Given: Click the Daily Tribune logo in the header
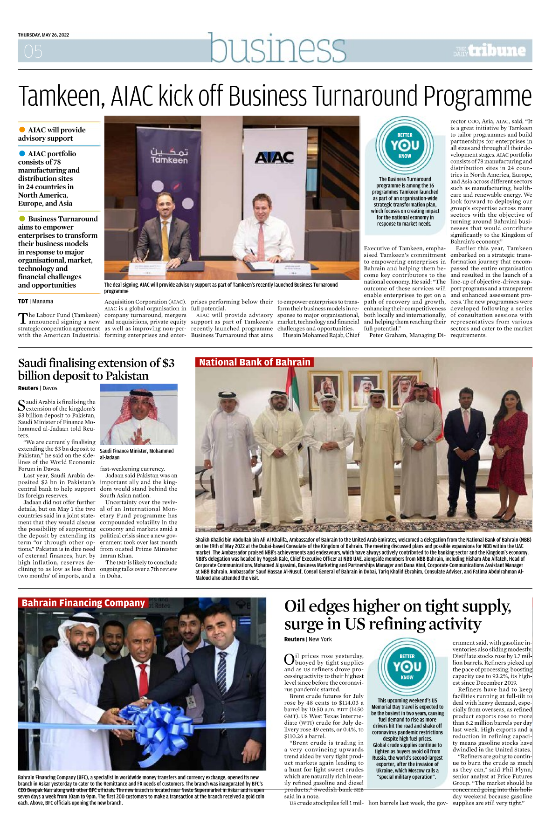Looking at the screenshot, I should [491, 51].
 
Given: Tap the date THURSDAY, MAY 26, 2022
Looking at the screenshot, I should [43, 35].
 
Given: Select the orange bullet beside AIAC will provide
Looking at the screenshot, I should [22, 130].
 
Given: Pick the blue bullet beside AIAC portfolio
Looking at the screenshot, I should [22, 153].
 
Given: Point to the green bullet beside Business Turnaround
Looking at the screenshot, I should [22, 219].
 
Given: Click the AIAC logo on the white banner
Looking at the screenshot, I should [274, 158].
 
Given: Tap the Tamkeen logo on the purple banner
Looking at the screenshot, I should [169, 156].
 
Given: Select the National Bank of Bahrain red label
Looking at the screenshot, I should [255, 362].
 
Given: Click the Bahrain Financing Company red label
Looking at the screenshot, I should [83, 603].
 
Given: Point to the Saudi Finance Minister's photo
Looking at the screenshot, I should [138, 415].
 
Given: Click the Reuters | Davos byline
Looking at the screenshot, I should [38, 388].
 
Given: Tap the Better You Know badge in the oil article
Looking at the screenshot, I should [407, 667].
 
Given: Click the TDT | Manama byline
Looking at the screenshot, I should [35, 301].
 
